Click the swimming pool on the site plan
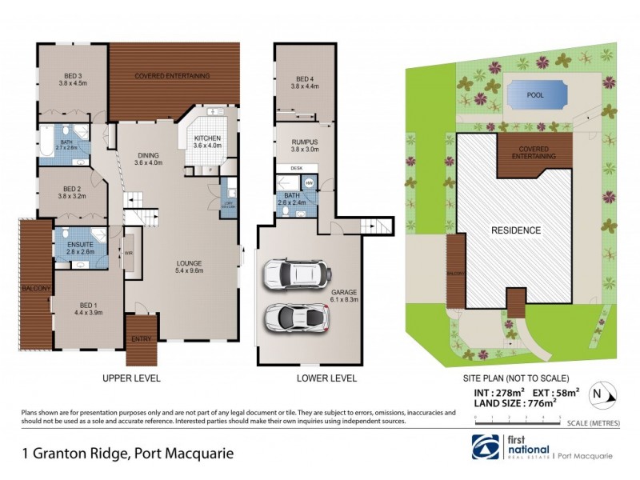(x=536, y=95)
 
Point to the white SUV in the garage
(x=297, y=274)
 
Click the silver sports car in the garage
(x=297, y=319)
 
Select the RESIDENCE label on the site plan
(x=515, y=230)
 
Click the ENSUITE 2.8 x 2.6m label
(x=81, y=247)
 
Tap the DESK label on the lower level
(x=296, y=168)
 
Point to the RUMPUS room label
(x=304, y=145)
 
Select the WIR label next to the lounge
(x=128, y=254)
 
